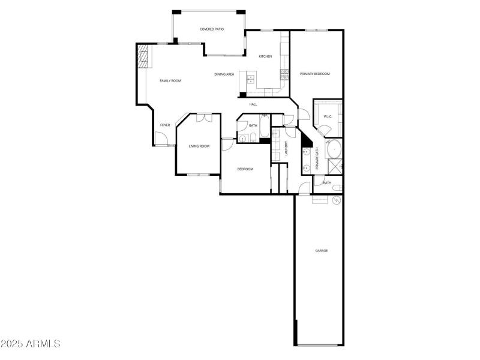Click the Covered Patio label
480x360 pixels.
(212, 29)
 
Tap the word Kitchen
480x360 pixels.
(265, 56)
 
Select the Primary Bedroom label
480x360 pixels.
(315, 74)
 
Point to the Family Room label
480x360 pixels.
(170, 80)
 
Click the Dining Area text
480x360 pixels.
(224, 74)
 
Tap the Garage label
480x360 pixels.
(322, 250)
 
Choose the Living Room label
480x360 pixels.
(199, 146)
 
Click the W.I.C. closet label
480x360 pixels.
(328, 116)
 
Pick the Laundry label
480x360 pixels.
(287, 149)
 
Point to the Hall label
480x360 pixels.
(253, 104)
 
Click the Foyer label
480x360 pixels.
(164, 125)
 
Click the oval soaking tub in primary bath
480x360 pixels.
(333, 148)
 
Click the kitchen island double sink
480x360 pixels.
(251, 79)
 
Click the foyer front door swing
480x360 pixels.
(160, 138)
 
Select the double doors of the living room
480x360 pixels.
(203, 118)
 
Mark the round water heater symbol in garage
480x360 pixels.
(336, 199)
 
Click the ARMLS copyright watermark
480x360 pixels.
(31, 344)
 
